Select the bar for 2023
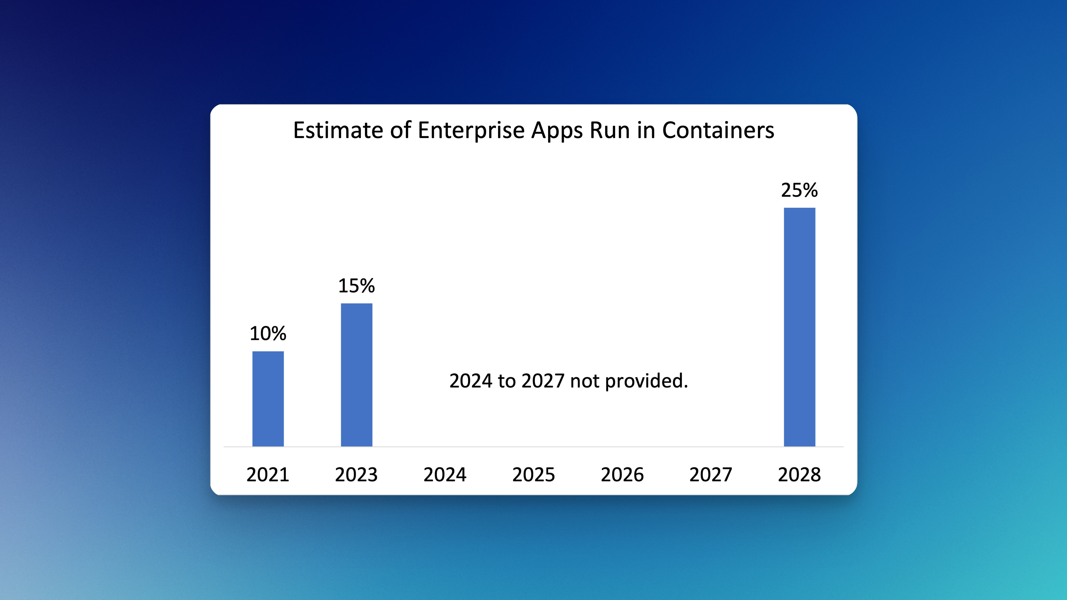pos(357,375)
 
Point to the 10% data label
pos(268,333)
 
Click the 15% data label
pos(357,286)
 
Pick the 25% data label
pos(800,190)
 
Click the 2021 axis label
pos(268,475)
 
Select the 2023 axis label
pos(357,475)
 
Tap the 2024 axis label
pos(445,475)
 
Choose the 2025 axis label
pos(533,475)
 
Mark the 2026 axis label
pos(622,475)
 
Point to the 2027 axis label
pos(711,475)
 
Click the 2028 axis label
pos(800,475)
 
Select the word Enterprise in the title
pos(471,130)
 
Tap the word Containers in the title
pos(718,130)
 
